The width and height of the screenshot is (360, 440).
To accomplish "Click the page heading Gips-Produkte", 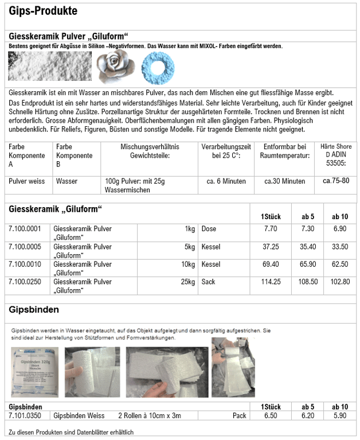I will (43, 11).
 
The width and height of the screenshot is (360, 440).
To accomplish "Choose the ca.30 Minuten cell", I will (284, 181).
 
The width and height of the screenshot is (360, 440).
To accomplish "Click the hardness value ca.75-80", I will (336, 181).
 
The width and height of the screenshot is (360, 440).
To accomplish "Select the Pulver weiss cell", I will (26, 181).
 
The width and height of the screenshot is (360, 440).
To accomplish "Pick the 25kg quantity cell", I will (187, 282).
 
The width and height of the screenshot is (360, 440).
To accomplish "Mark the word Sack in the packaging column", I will (208, 282).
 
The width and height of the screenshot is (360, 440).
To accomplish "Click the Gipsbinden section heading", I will (34, 310).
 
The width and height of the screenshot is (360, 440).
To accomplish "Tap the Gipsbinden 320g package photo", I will (34, 372).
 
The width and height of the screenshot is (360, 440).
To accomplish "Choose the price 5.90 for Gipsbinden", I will (340, 415).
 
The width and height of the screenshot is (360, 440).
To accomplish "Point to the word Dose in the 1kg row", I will (209, 229).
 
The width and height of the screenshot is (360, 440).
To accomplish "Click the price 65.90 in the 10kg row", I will (308, 264).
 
